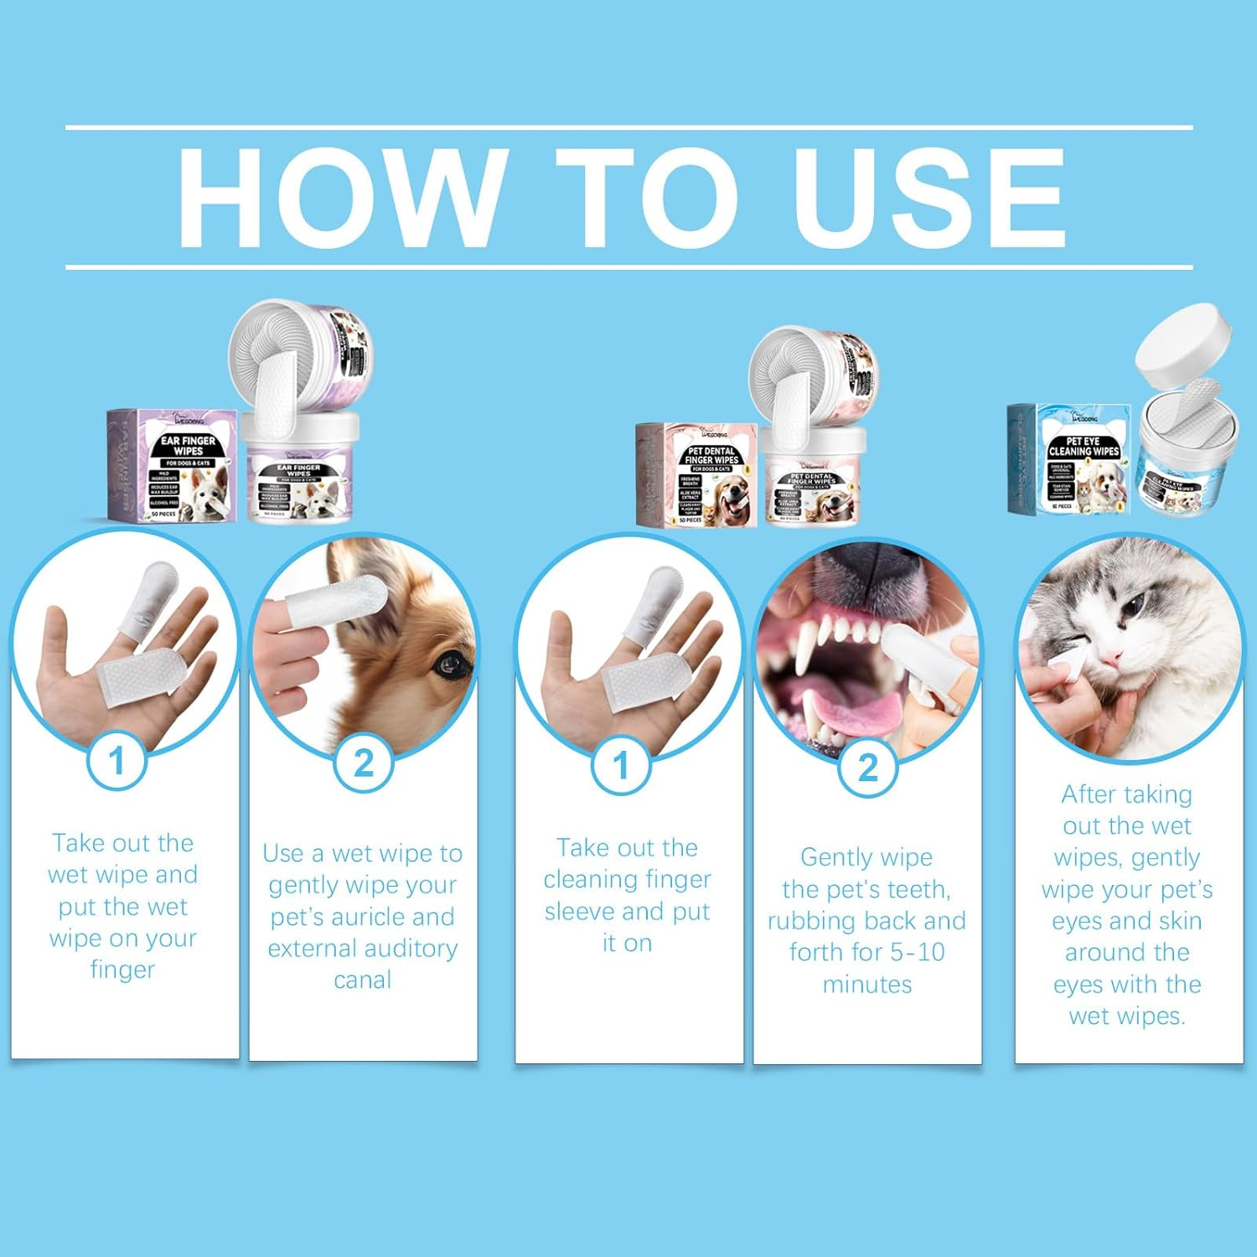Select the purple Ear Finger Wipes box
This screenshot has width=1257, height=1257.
point(173,466)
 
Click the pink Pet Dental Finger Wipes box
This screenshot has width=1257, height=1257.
point(697,475)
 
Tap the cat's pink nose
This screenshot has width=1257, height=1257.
point(1111,656)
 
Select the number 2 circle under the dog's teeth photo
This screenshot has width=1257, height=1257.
point(867,767)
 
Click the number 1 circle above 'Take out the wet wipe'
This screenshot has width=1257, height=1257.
point(117,762)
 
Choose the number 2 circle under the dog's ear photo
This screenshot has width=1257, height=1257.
point(363,763)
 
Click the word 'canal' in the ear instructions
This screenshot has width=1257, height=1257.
point(362,980)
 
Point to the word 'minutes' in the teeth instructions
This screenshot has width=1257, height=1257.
point(866,984)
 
